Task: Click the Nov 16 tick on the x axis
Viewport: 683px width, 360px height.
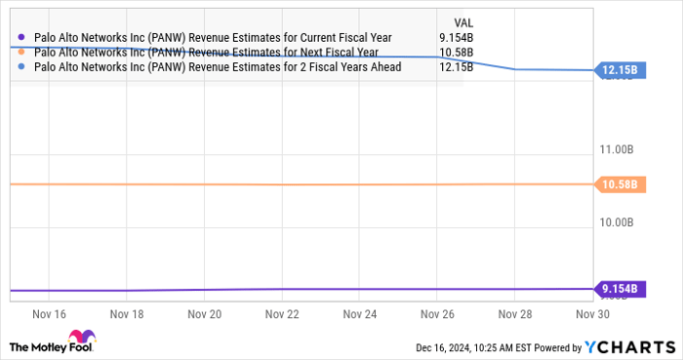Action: [49, 315]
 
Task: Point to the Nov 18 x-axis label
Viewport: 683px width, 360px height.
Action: [127, 315]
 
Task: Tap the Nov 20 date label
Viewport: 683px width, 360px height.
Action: [204, 315]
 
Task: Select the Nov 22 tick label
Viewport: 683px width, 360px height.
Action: [281, 315]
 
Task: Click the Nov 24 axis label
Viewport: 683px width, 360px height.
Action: [359, 315]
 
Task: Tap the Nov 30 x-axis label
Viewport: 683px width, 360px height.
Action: [591, 315]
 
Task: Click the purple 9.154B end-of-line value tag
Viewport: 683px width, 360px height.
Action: [619, 289]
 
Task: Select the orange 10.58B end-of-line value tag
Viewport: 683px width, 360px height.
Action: [619, 184]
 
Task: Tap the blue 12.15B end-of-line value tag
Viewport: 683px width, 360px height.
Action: [619, 70]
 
